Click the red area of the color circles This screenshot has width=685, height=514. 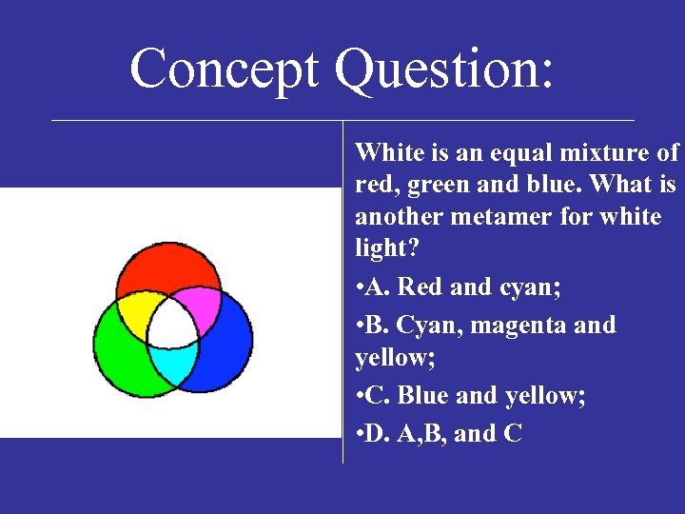point(172,268)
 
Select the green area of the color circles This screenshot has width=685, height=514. point(122,349)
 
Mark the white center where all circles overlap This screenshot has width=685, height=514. point(172,326)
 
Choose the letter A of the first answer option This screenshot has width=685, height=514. point(380,287)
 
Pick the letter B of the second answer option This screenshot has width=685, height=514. point(379,325)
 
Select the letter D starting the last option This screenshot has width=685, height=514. point(380,433)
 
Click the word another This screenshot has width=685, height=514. point(397,217)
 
